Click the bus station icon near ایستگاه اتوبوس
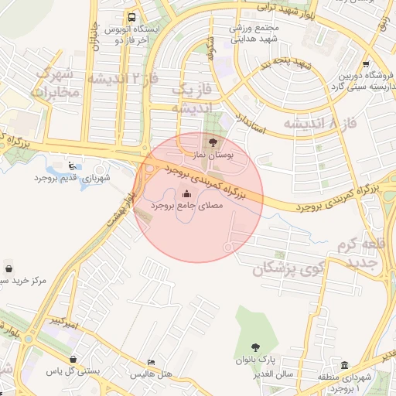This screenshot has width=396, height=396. [x=133, y=17]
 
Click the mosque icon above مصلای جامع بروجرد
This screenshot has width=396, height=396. [x=186, y=193]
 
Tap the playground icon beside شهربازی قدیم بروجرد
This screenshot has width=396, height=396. [x=72, y=165]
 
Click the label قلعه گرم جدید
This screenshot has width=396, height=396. [x=360, y=254]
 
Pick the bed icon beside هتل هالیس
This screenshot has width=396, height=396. [x=151, y=362]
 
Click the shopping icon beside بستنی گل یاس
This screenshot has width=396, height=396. [x=73, y=360]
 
